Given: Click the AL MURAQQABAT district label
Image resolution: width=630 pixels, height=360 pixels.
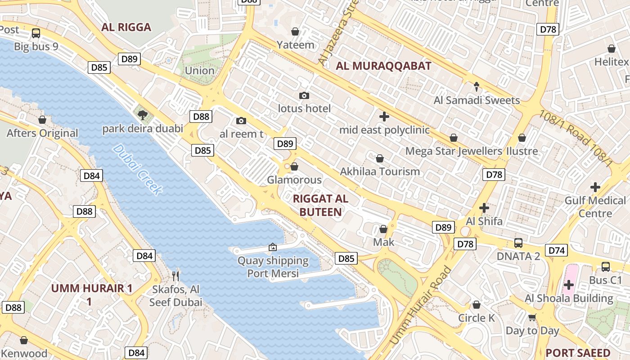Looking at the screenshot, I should click(x=383, y=66).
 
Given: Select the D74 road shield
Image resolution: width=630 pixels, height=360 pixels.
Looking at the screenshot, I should click(x=556, y=251).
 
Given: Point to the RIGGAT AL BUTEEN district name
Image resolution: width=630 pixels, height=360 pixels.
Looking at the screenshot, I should click(x=320, y=205).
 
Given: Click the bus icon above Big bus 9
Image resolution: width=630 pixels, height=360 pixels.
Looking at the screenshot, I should click(x=36, y=33).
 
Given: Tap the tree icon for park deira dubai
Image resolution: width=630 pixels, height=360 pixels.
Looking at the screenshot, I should click(x=143, y=115).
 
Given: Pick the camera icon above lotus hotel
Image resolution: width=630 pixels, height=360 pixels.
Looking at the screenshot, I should click(x=304, y=95).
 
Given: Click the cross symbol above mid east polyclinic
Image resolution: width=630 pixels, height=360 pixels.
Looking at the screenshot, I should click(x=384, y=117).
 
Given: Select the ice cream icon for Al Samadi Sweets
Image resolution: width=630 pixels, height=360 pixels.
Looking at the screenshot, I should click(x=477, y=86).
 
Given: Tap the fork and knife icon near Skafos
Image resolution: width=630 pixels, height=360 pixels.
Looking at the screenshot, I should click(x=175, y=275).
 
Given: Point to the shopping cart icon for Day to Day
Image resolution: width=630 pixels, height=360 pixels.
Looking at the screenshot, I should click(x=532, y=317).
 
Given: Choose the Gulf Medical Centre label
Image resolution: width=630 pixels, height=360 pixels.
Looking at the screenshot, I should click(x=595, y=207).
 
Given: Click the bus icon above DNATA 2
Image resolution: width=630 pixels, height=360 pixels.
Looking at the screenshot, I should click(x=518, y=243).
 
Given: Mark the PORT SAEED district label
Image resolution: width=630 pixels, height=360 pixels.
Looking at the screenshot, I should click(x=578, y=353).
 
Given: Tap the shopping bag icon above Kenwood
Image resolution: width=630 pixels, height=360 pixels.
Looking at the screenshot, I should click(x=24, y=340).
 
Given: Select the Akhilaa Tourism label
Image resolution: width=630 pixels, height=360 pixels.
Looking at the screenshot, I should click(x=380, y=171).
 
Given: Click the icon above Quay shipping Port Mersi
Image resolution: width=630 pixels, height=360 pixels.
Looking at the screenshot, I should click(x=272, y=247).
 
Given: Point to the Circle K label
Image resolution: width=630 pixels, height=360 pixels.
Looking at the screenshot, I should click(x=476, y=318).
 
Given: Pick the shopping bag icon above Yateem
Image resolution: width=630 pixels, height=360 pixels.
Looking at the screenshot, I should click(x=295, y=31).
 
